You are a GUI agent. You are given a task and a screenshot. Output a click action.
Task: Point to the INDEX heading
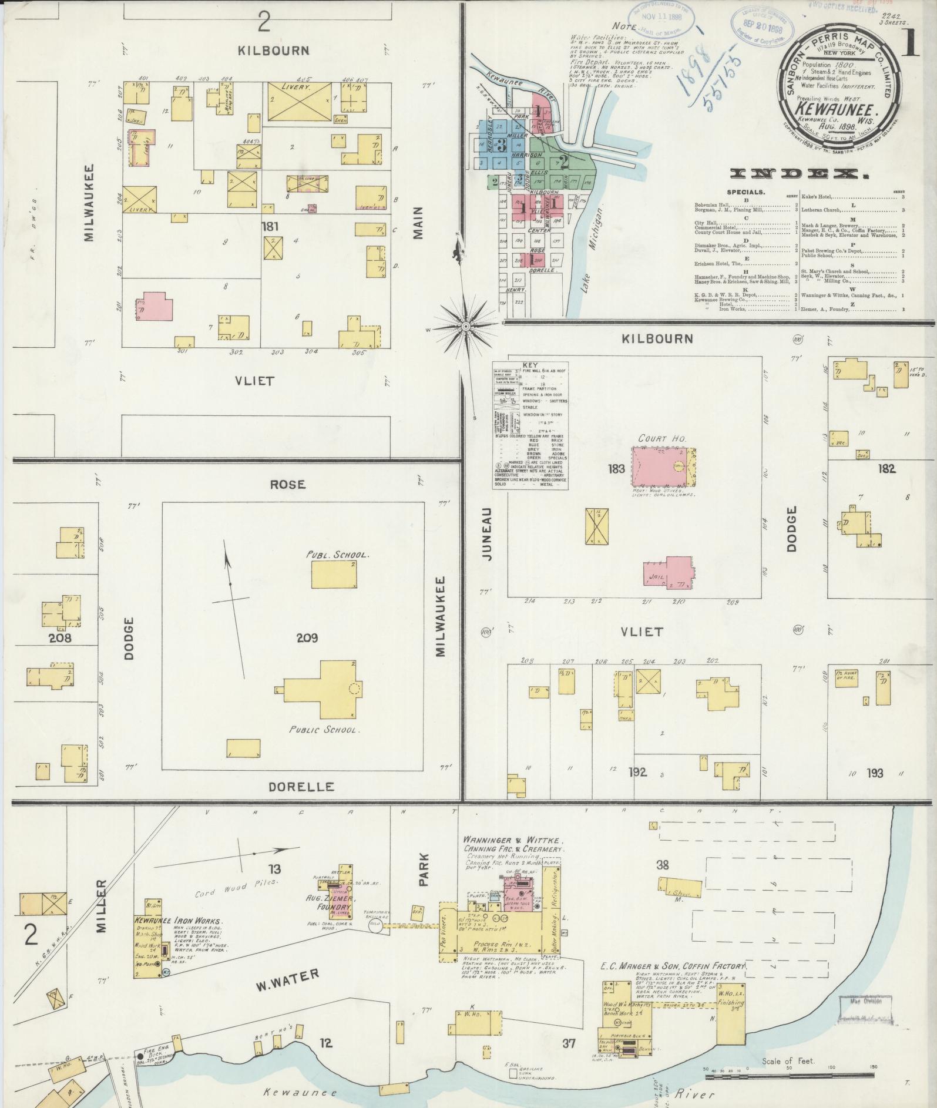[x=800, y=174]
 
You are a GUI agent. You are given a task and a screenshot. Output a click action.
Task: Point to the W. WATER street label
[x=288, y=979]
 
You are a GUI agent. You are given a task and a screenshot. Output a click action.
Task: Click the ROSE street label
[x=288, y=484]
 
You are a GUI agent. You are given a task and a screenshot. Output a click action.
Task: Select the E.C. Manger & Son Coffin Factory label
[x=672, y=966]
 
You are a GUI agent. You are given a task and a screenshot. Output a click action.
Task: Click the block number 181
[x=271, y=226]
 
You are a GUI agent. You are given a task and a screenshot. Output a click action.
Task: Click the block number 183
[x=617, y=468]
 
